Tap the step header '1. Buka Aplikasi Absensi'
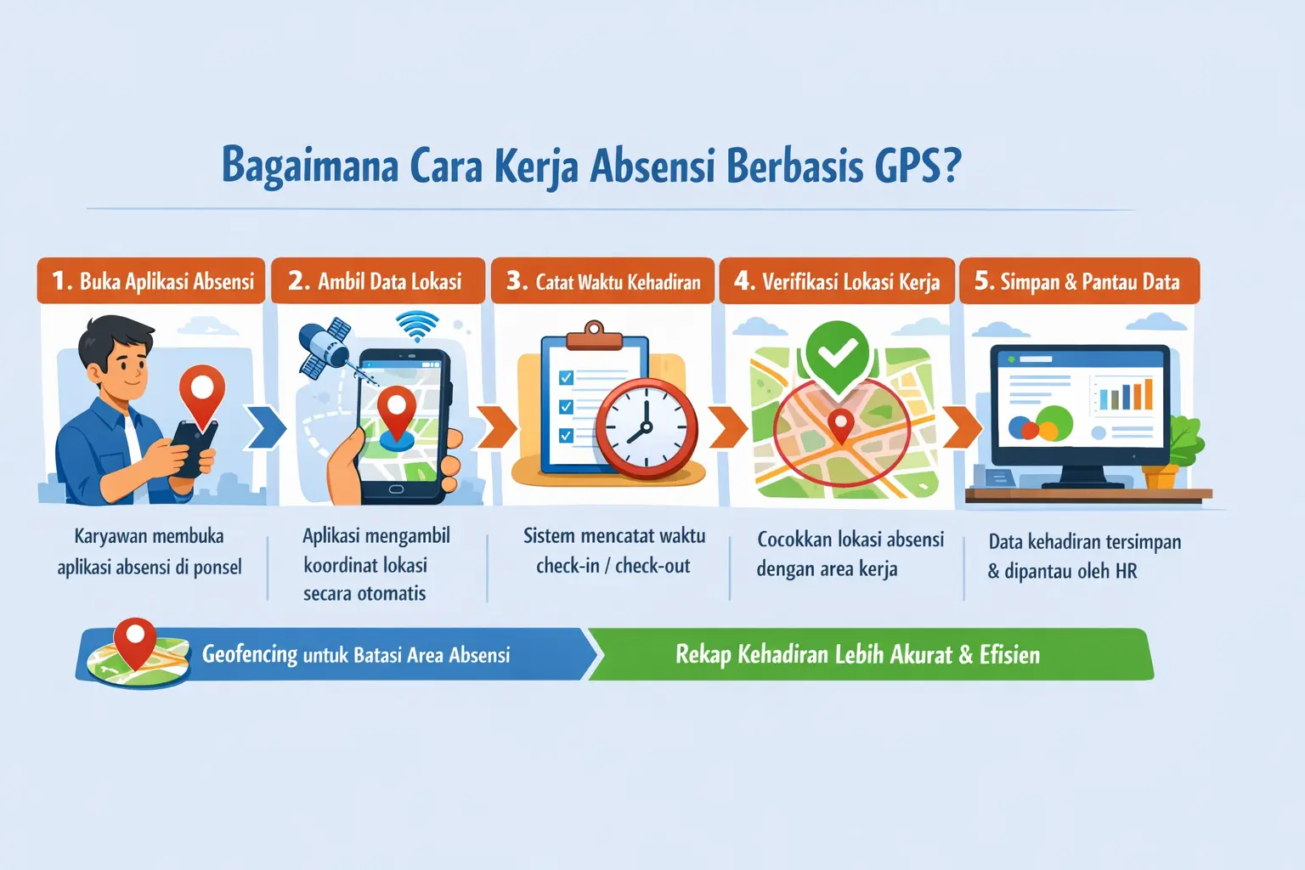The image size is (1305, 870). pyautogui.click(x=152, y=281)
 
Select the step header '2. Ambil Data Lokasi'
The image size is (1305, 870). pyautogui.click(x=376, y=281)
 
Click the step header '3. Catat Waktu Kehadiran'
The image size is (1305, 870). pyautogui.click(x=603, y=281)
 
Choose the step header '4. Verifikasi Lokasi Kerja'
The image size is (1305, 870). pyautogui.click(x=838, y=281)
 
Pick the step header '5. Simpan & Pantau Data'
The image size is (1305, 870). pyautogui.click(x=1078, y=281)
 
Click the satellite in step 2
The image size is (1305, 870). pyautogui.click(x=325, y=347)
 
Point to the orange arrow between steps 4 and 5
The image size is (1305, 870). pyautogui.click(x=961, y=427)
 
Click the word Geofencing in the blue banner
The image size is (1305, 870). pyautogui.click(x=250, y=654)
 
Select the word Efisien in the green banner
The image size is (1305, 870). pyautogui.click(x=1009, y=654)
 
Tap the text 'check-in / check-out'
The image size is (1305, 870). pyautogui.click(x=613, y=566)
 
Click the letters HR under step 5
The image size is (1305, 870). pyautogui.click(x=1126, y=571)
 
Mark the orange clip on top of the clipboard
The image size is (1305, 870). pyautogui.click(x=594, y=336)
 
